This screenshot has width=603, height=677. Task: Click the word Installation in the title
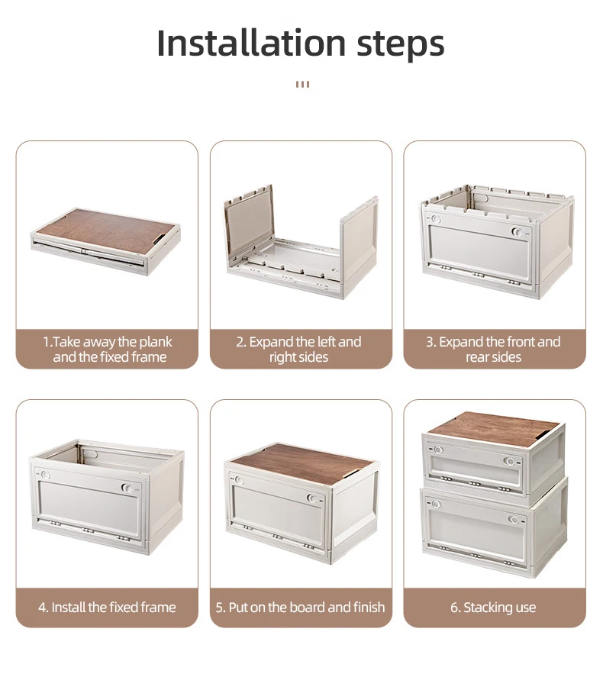[x=251, y=43]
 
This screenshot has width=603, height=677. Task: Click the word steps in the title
[x=401, y=45]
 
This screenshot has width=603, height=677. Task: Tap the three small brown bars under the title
[x=302, y=84]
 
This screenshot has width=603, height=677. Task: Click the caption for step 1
[x=108, y=350]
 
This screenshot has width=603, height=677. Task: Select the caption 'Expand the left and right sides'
[x=298, y=350]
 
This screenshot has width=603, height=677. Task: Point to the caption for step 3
[x=493, y=350]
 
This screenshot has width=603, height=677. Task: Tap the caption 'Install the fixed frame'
[x=107, y=608]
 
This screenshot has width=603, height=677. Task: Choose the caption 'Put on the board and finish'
[x=301, y=608]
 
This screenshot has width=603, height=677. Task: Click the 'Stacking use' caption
[x=493, y=608]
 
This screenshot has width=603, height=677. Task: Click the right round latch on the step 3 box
[x=517, y=232]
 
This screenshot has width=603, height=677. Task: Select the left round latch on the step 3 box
[x=436, y=219]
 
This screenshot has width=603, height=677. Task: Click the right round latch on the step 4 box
[x=127, y=488]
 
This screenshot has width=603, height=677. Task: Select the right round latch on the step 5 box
[x=312, y=499]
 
